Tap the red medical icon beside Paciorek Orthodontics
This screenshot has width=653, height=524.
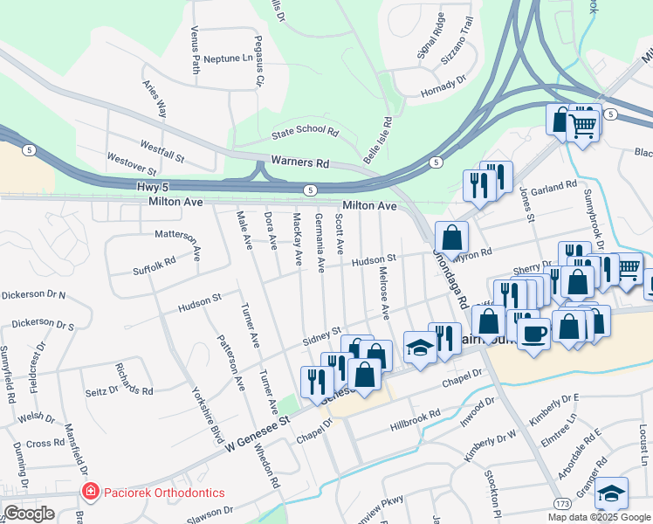[87, 493]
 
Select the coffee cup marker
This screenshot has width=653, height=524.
[533, 332]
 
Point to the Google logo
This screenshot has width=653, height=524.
[29, 514]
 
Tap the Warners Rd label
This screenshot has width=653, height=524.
[299, 162]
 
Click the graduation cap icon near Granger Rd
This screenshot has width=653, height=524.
[612, 493]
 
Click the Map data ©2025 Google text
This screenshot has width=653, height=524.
[600, 517]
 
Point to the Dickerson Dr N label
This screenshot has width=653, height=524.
[33, 294]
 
